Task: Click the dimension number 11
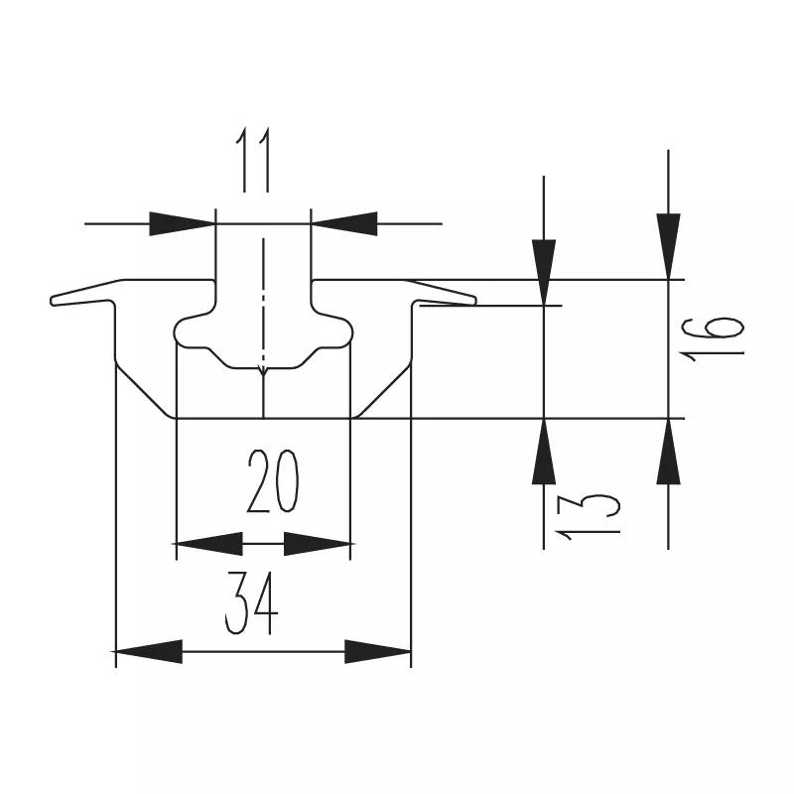(x=253, y=160)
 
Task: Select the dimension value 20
(x=273, y=481)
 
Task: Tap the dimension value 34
(x=252, y=603)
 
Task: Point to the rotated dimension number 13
(x=588, y=517)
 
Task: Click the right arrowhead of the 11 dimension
(x=344, y=224)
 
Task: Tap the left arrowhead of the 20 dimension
(x=208, y=544)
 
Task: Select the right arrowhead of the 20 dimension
(x=318, y=544)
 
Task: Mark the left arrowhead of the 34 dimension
(x=149, y=651)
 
